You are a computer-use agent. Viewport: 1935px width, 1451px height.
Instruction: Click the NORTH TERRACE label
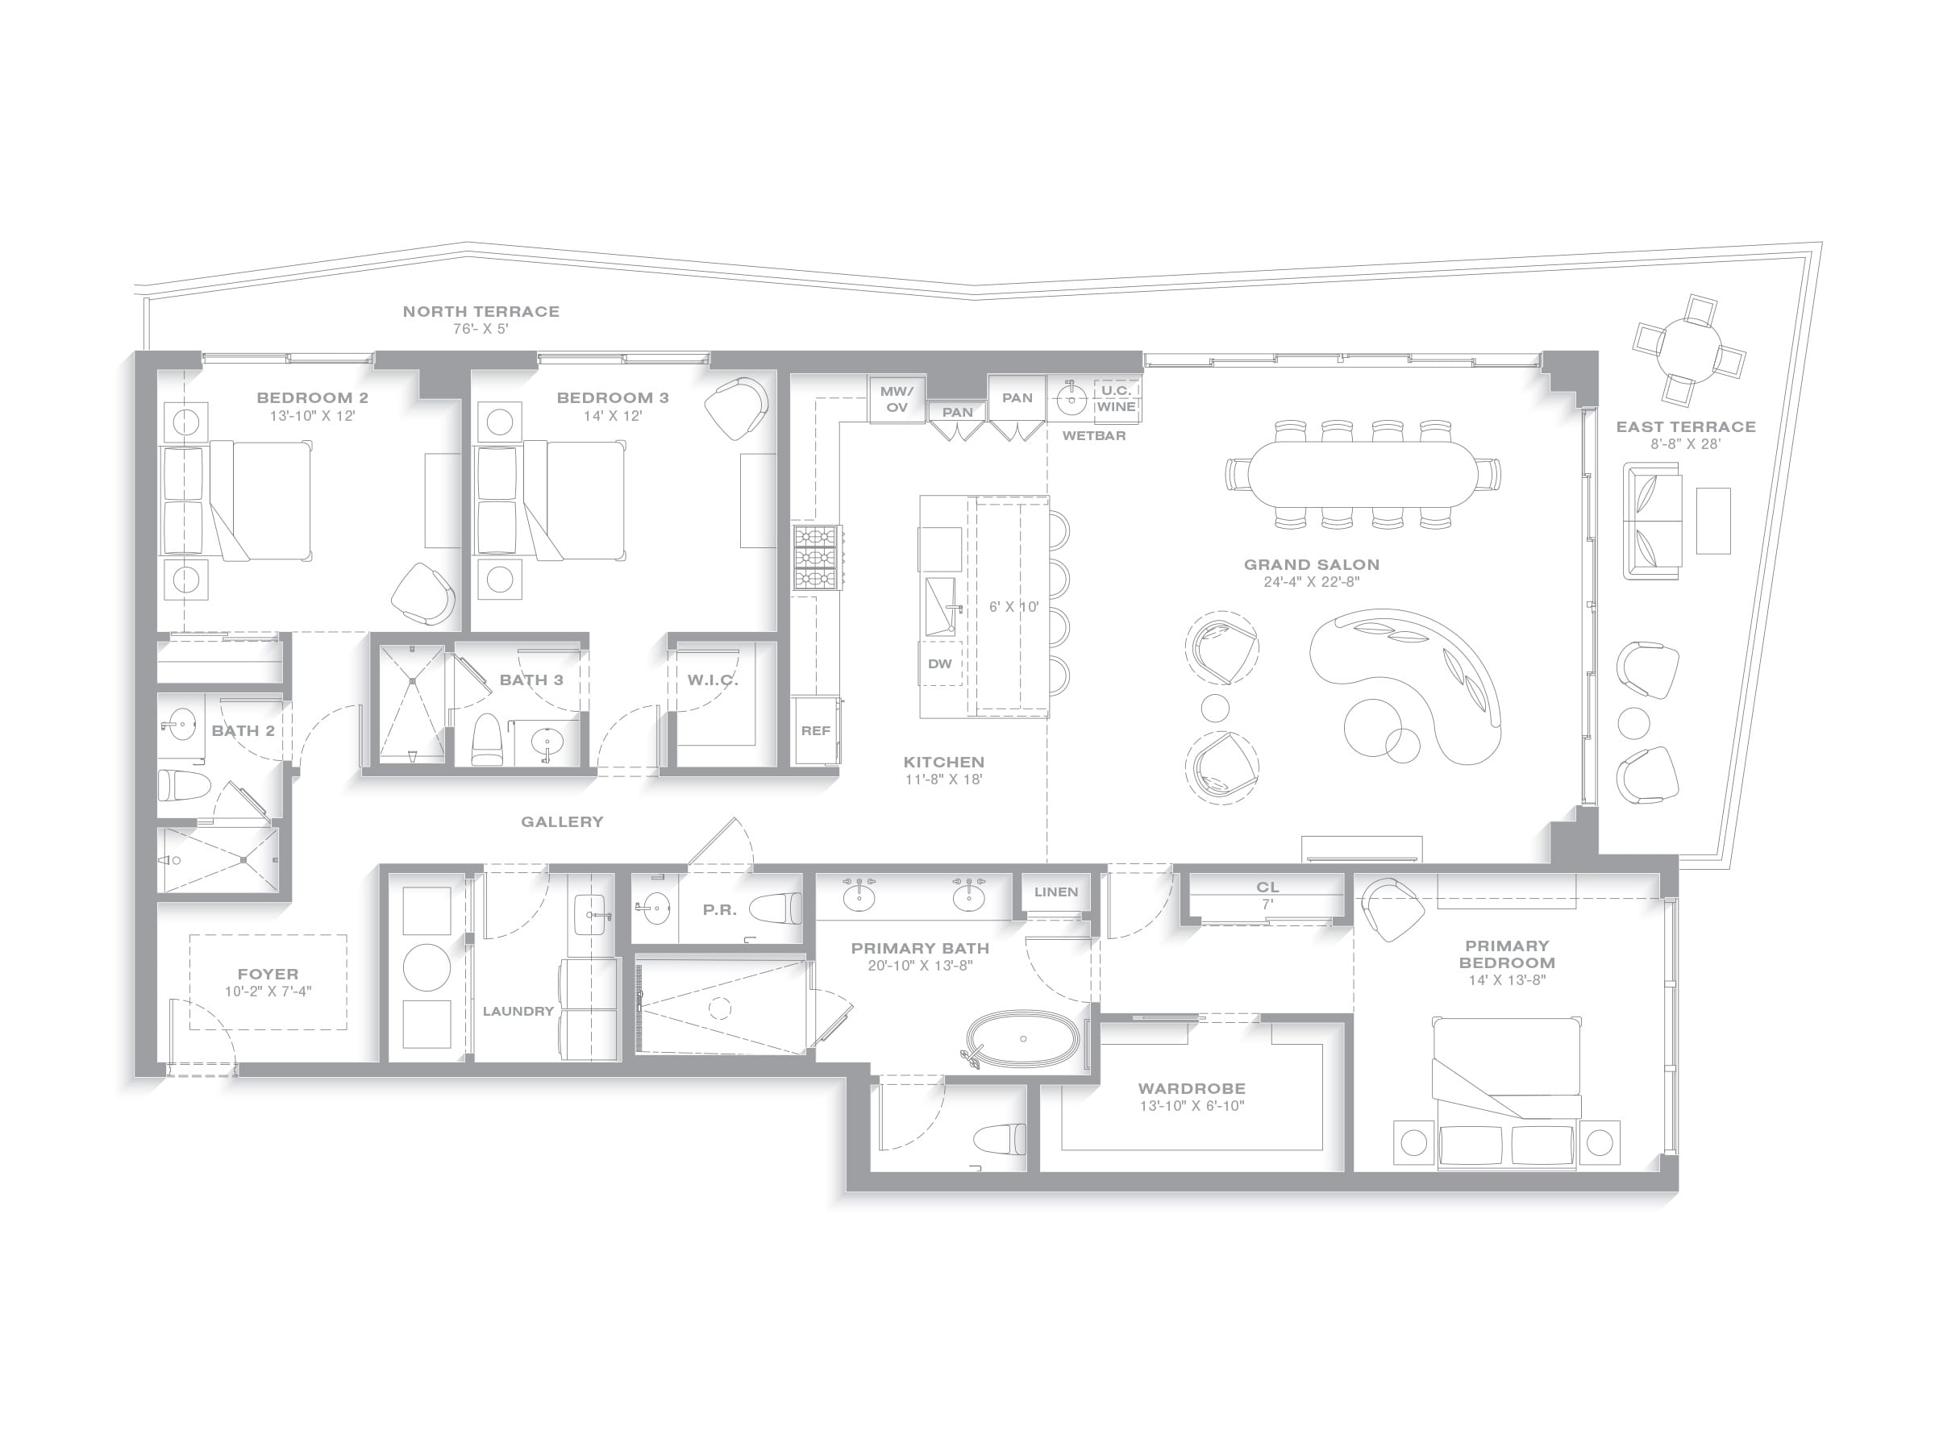[481, 311]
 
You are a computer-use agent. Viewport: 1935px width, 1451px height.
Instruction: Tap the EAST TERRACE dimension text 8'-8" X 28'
[1686, 444]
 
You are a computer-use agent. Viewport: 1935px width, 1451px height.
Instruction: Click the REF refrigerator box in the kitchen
[815, 731]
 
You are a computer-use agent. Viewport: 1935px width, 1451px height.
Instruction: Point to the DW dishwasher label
[939, 664]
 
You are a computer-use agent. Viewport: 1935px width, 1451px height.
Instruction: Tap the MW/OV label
[897, 399]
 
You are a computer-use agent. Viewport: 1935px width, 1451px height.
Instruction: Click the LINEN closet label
[1056, 892]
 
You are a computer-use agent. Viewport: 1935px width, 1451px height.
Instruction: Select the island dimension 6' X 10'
[1014, 607]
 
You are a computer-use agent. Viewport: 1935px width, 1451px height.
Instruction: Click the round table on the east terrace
[1690, 349]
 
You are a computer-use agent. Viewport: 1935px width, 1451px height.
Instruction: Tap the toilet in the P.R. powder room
[775, 908]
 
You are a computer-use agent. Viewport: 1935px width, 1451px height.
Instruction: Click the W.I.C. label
[713, 680]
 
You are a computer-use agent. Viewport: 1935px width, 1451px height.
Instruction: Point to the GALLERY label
[563, 822]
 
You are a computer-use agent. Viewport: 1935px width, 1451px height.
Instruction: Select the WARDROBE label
[1192, 1089]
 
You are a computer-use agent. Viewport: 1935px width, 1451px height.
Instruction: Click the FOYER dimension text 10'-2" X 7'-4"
[268, 992]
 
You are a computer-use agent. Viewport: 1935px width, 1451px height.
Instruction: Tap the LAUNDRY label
[518, 1011]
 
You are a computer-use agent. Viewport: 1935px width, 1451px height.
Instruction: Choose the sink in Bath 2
[181, 723]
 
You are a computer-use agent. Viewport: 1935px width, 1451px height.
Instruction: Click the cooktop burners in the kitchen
[817, 557]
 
